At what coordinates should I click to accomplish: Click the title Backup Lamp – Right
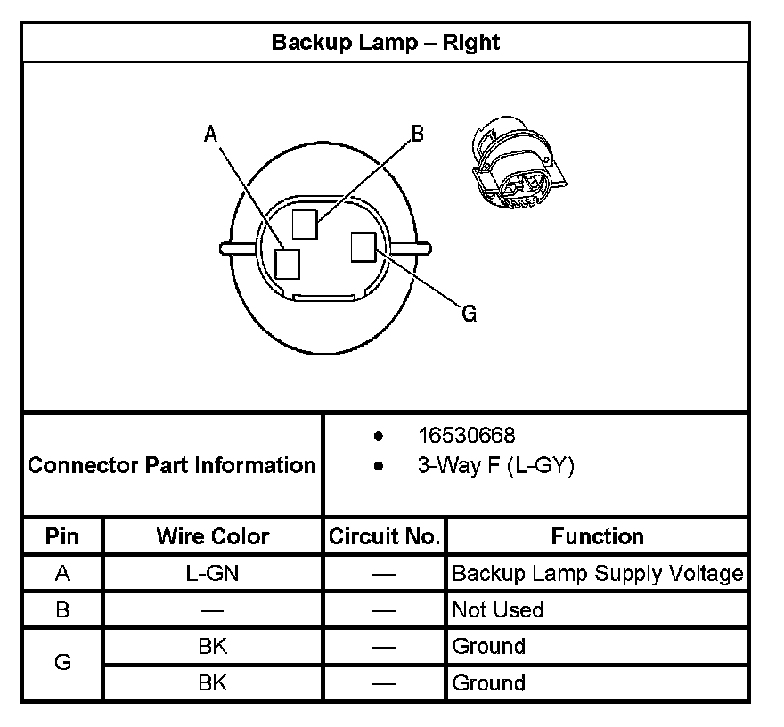coord(385,43)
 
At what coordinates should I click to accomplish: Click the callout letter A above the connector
coord(211,135)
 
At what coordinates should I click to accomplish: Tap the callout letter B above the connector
coord(417,135)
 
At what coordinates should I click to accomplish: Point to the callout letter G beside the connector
coord(469,314)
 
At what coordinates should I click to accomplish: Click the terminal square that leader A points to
coord(288,264)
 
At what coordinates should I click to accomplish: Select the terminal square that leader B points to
coord(305,224)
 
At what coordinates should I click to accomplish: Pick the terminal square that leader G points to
coord(363,247)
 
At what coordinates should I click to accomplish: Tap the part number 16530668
coord(466,436)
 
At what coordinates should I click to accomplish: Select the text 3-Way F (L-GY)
coord(495,465)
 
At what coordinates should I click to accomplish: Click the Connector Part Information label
coord(172,465)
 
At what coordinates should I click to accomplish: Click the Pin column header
coord(62,536)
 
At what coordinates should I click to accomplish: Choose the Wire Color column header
coord(213,536)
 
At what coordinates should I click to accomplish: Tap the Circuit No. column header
coord(384,536)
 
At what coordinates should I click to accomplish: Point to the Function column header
coord(597,536)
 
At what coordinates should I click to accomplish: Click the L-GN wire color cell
coord(213,574)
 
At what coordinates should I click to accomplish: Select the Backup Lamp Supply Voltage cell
coord(597,574)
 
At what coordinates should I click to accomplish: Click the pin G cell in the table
coord(62,664)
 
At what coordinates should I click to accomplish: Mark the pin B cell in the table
coord(62,610)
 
